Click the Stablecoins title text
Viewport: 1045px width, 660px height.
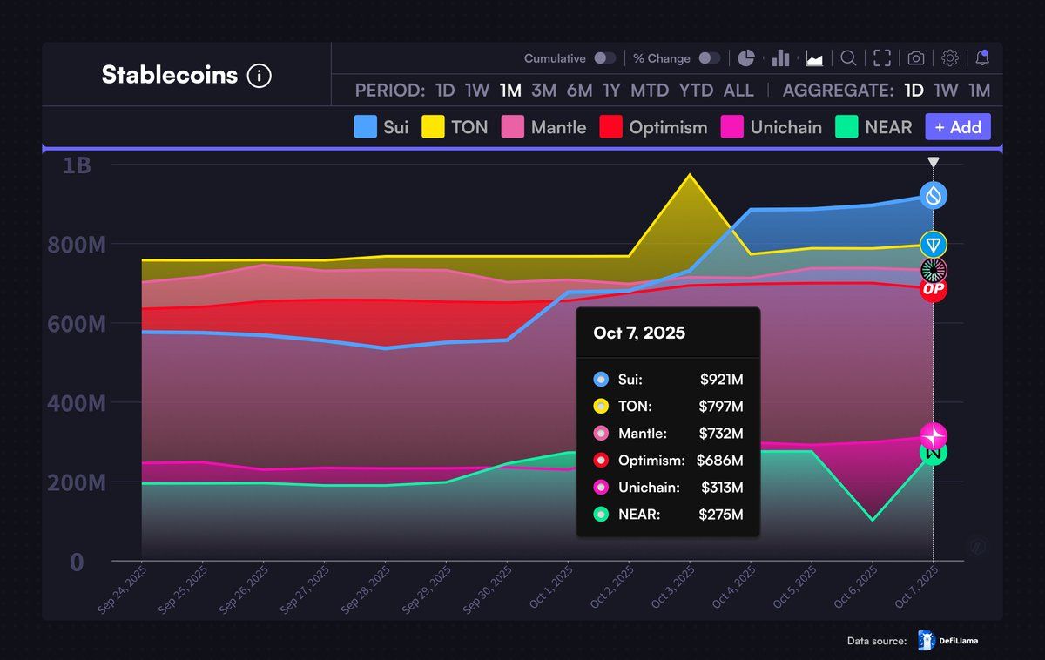[x=169, y=75]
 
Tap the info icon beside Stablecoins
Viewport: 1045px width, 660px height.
[x=260, y=76]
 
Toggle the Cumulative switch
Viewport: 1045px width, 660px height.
[x=604, y=58]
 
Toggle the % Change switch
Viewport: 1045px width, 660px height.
[x=710, y=58]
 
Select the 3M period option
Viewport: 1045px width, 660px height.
[x=543, y=91]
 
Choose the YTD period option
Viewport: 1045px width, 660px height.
[x=696, y=91]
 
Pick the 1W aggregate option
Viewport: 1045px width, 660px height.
[x=946, y=91]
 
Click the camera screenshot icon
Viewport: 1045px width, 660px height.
[x=915, y=58]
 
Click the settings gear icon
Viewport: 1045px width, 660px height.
[x=950, y=58]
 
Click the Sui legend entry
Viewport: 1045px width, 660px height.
[x=381, y=127]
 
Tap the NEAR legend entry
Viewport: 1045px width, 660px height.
[x=873, y=127]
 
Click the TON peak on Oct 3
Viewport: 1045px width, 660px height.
[x=690, y=175]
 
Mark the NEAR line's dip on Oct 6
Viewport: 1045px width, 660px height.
[x=873, y=520]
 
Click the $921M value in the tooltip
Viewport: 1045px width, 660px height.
[x=721, y=380]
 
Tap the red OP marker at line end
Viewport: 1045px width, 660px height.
[x=934, y=289]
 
